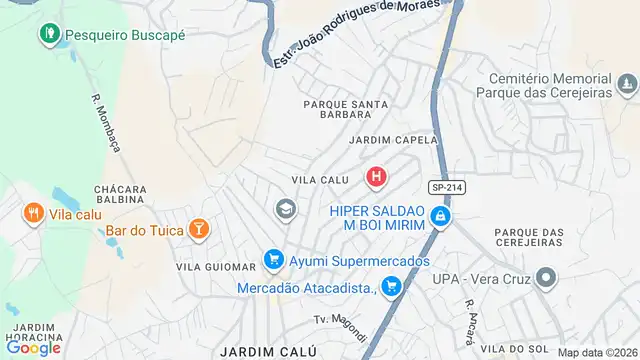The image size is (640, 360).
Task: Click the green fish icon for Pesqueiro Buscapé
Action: [x=49, y=34]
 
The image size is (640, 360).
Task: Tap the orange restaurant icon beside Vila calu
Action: [x=33, y=213]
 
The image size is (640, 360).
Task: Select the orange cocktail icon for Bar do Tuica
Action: [x=200, y=230]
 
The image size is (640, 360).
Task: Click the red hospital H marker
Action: [x=376, y=179]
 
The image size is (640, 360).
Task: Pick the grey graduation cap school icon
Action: [x=286, y=209]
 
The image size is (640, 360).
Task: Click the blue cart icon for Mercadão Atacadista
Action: [x=391, y=288]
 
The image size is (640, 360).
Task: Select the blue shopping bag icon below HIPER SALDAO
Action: [x=438, y=216]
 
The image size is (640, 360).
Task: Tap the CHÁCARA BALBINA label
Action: [x=120, y=196]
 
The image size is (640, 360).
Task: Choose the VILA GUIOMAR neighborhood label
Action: [x=216, y=267]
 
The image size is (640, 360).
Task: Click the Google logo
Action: [x=33, y=347]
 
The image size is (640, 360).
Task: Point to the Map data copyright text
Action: [x=596, y=352]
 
